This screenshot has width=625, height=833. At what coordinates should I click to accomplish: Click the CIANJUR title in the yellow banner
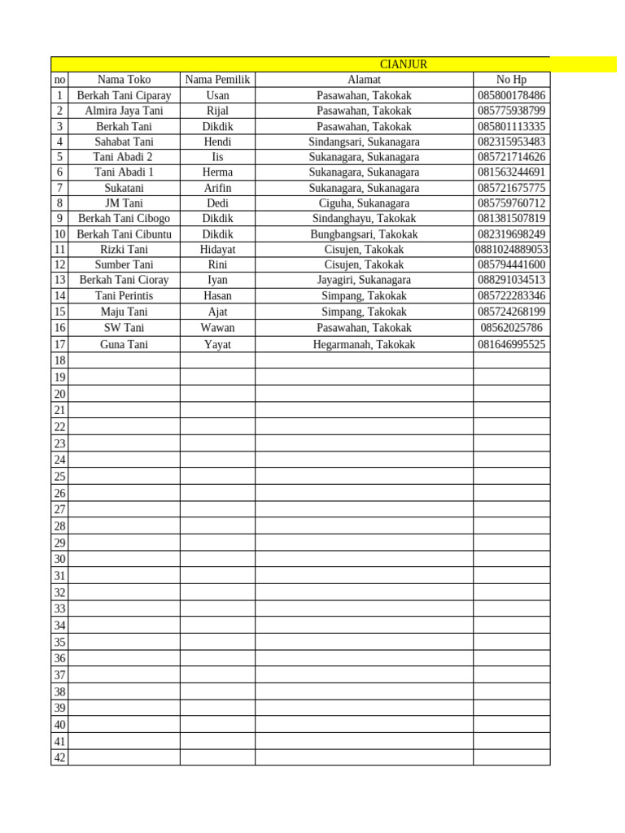pos(404,64)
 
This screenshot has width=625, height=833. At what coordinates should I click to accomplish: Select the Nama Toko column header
pos(124,80)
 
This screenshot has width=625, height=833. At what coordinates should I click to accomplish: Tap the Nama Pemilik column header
pos(217,80)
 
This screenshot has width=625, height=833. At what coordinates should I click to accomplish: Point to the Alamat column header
pos(364,80)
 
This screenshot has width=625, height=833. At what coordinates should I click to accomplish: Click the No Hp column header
pos(511,80)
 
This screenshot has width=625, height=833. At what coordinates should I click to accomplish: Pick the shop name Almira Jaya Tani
pos(124,111)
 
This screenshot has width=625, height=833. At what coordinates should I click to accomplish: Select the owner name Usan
pos(217,95)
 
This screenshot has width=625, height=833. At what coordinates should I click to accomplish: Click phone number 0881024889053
pos(511,250)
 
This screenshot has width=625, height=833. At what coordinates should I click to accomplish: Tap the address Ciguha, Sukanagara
pos(364,203)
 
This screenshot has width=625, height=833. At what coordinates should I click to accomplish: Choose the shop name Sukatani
pos(124,188)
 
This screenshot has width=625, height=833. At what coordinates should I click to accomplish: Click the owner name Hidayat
pos(217,250)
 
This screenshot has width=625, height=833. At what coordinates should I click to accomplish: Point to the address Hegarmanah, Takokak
pos(364,345)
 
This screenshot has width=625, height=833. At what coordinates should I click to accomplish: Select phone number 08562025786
pos(511,328)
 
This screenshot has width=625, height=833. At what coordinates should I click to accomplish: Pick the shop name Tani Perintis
pos(124,296)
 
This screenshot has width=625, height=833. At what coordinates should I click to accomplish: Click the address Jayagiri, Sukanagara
pos(364,280)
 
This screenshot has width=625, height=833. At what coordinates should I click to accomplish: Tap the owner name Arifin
pos(217,188)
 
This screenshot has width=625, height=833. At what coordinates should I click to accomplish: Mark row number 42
pos(59,757)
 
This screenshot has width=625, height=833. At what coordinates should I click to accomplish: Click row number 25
pos(59,477)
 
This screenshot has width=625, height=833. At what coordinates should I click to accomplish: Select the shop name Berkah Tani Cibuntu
pos(124,234)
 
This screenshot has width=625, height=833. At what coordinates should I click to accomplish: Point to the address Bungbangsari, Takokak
pos(364,234)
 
